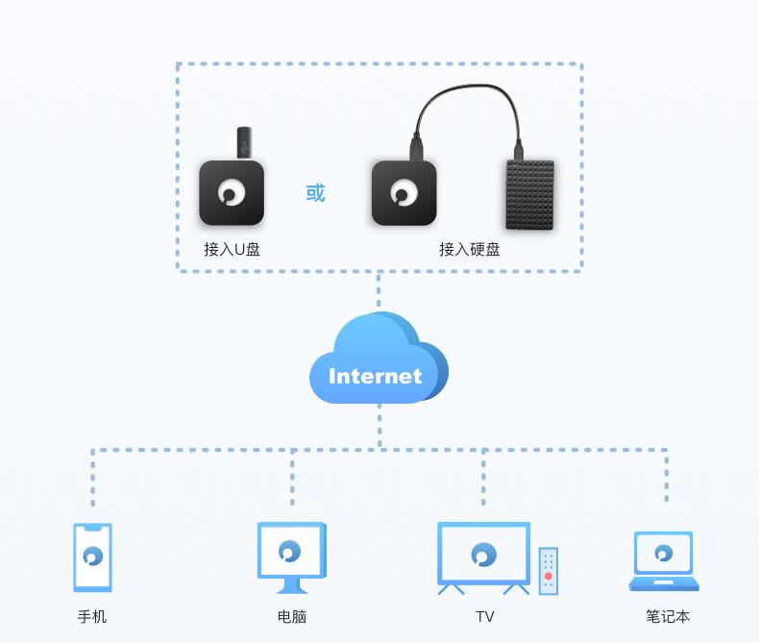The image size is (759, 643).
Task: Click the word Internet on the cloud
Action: click(375, 376)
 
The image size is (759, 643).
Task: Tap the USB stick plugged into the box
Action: click(244, 143)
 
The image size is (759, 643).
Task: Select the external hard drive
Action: click(530, 194)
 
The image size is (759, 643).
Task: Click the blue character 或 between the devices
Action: click(315, 192)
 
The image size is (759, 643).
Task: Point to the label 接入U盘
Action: click(232, 249)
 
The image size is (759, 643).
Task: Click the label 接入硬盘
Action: click(470, 249)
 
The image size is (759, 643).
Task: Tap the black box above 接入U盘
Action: click(232, 193)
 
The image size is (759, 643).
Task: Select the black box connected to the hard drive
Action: click(404, 193)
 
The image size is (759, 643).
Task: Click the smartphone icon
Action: click(92, 556)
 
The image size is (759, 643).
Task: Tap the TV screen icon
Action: click(483, 554)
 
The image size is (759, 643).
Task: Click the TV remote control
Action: click(548, 571)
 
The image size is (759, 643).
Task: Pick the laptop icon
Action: click(664, 561)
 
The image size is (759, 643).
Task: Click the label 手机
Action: click(92, 616)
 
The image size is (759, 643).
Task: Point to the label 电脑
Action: click(291, 616)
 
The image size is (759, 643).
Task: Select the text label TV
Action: click(484, 616)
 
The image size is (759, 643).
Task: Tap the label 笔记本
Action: click(668, 616)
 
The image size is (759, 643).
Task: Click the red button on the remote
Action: click(548, 576)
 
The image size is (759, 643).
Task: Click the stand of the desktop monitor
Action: click(290, 585)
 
